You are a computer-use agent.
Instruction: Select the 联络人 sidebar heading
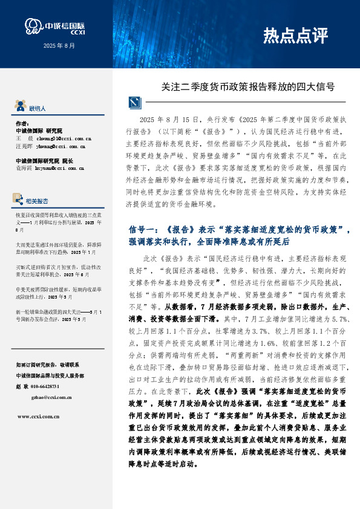point(38,109)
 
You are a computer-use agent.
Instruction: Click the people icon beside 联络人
point(22,108)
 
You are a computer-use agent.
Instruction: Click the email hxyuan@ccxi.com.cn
point(61,169)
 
